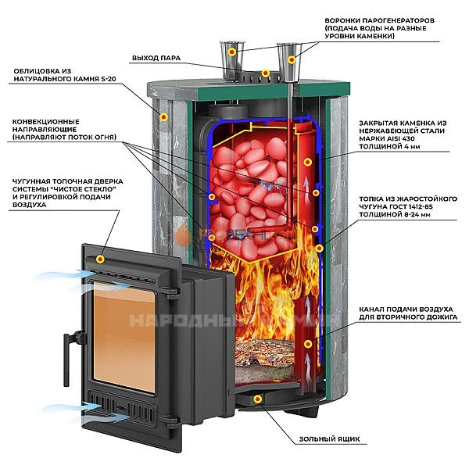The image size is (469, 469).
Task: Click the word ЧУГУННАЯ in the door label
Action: [x=36, y=180]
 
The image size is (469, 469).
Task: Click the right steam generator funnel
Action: [x=289, y=57]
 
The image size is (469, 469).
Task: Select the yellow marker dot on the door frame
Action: [x=100, y=258]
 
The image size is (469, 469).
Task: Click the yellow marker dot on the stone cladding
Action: [x=164, y=116]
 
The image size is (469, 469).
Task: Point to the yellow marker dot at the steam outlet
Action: [x=266, y=73]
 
